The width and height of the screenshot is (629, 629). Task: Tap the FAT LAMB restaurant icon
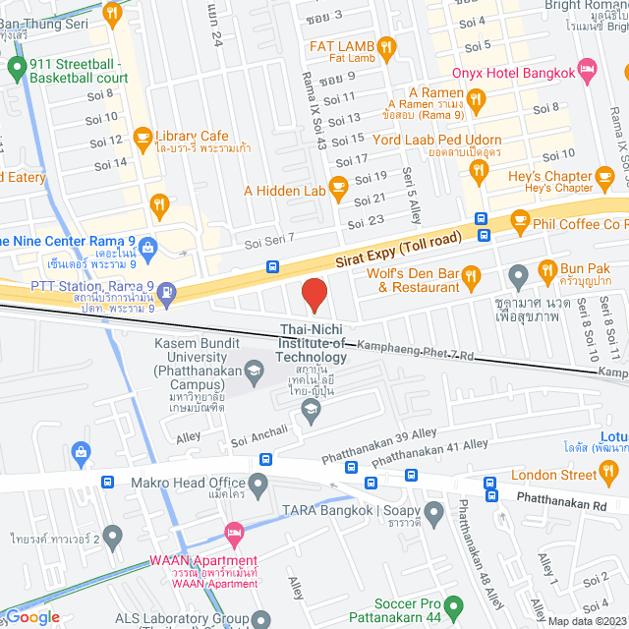tap(387, 45)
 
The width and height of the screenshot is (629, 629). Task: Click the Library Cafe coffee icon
tap(143, 137)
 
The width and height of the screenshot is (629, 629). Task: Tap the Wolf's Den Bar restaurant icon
tap(471, 275)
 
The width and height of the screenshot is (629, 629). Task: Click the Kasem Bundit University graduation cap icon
tap(255, 370)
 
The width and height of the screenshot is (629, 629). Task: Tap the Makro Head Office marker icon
tap(258, 483)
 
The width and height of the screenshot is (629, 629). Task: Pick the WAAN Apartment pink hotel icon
tap(234, 537)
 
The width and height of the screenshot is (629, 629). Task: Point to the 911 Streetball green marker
tap(16, 68)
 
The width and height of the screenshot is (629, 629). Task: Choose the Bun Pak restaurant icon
tap(545, 267)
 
